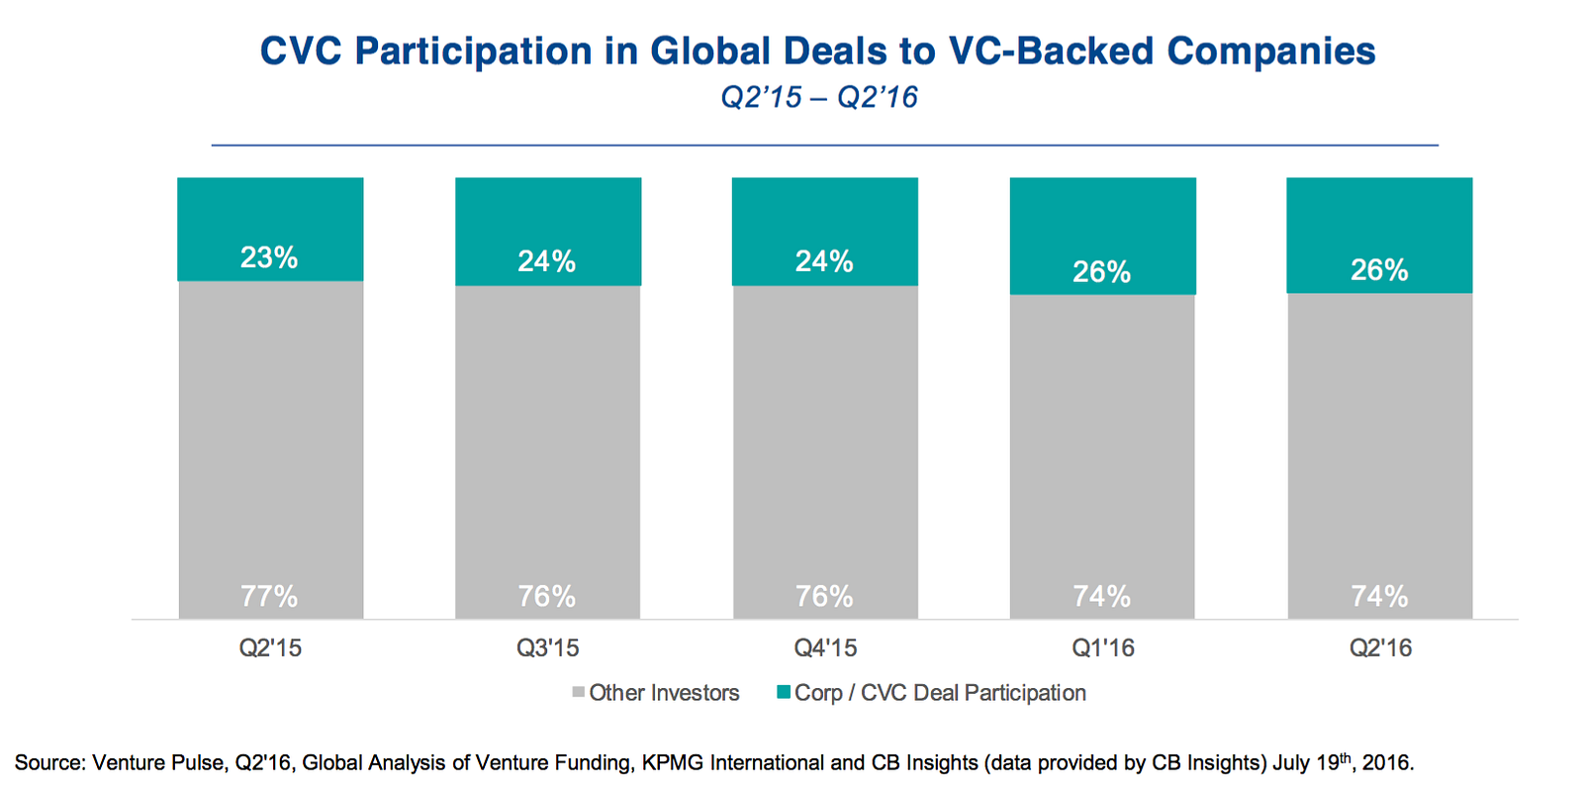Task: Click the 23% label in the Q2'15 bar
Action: coord(269,257)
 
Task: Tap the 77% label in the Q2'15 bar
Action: coord(269,596)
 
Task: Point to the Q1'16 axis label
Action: coord(1103,648)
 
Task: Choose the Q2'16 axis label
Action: coord(1380,648)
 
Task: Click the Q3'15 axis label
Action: coord(547,648)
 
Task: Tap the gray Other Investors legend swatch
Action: coord(579,693)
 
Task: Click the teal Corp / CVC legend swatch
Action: coord(784,693)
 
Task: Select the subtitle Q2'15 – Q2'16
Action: coord(819,97)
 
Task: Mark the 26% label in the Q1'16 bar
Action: coord(1102,271)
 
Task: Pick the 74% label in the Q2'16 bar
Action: coord(1379,596)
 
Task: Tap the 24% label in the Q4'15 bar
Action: coord(824,261)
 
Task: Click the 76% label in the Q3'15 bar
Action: coord(547,596)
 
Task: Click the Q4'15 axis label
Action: coord(825,648)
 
